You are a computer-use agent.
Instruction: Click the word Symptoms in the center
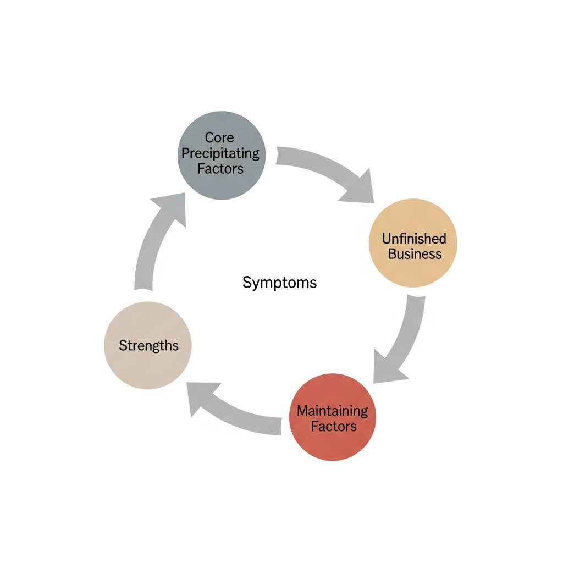[x=279, y=283]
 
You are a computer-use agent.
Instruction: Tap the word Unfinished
[x=413, y=239]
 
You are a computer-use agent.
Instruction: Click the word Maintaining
[x=333, y=410]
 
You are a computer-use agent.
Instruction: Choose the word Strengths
[x=148, y=345]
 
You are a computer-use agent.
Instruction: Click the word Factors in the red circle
[x=333, y=426]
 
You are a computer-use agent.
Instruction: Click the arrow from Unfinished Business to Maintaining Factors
[x=410, y=335]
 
